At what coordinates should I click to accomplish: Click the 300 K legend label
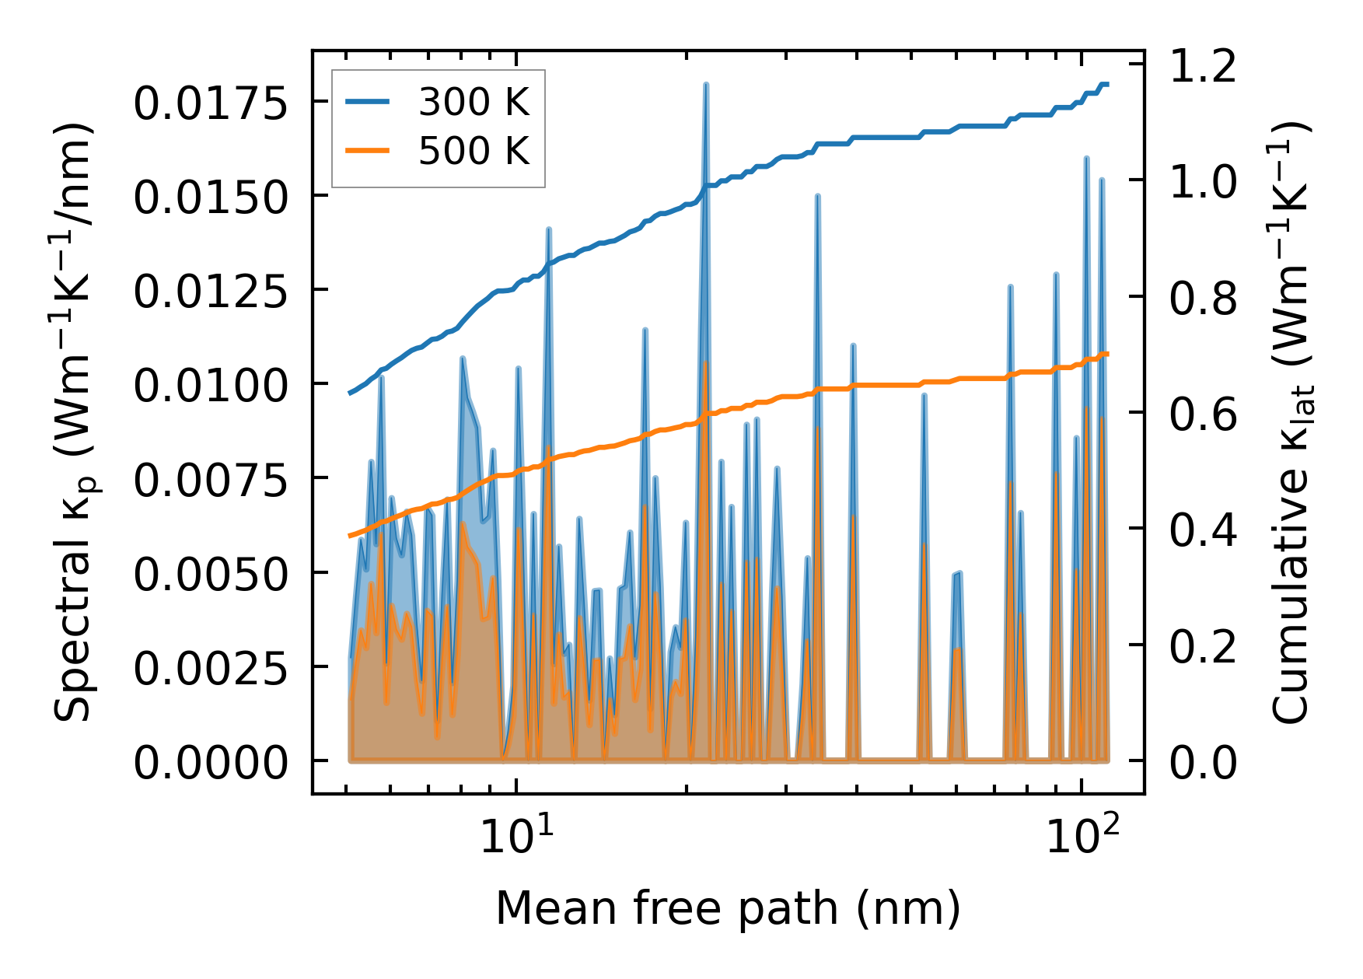[474, 103]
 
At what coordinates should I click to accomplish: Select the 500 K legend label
[474, 152]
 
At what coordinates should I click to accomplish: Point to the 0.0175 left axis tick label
[211, 103]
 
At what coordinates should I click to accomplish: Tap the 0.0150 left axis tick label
[211, 198]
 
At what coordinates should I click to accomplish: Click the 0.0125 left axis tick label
[211, 292]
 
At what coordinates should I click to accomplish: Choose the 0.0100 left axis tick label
[211, 386]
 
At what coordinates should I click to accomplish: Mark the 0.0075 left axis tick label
[211, 481]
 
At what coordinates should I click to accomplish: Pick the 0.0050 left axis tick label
[211, 575]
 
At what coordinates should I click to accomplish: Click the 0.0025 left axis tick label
[211, 669]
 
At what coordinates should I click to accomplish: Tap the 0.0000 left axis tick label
[211, 763]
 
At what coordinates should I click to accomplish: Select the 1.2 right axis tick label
[1203, 66]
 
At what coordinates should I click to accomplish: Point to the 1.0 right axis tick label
[1203, 182]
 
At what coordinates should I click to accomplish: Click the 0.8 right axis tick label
[1203, 299]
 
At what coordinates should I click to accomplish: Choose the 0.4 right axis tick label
[1203, 530]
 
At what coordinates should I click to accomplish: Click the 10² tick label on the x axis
[1083, 836]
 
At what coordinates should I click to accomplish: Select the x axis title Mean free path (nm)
[728, 907]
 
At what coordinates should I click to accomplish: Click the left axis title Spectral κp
[75, 422]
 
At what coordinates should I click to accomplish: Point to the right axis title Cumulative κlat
[1291, 422]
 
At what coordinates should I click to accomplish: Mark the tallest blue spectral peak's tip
[705, 84]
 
